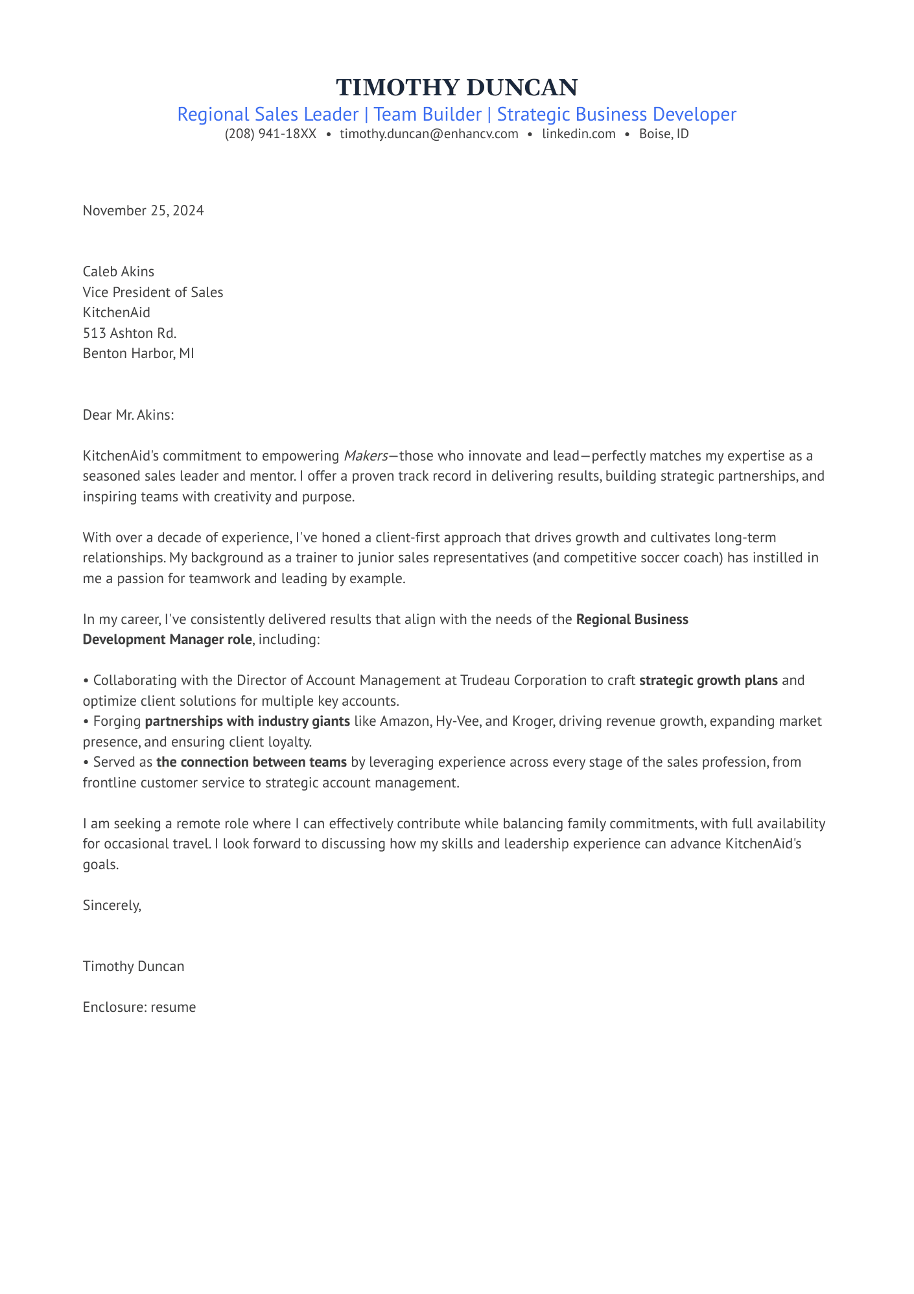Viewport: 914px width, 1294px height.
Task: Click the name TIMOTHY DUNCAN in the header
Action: click(x=457, y=88)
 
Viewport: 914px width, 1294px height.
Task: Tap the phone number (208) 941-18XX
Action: click(x=270, y=134)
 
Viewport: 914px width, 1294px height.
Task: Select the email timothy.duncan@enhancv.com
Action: click(x=429, y=134)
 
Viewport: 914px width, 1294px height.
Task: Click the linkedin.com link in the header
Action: click(x=579, y=134)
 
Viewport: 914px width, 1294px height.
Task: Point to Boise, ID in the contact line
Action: click(x=664, y=134)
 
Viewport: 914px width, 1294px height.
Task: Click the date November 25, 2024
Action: click(x=143, y=211)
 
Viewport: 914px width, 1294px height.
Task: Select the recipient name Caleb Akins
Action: click(x=119, y=271)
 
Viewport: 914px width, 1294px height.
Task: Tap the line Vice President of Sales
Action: click(x=153, y=293)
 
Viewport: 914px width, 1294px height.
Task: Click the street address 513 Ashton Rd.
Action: click(x=130, y=333)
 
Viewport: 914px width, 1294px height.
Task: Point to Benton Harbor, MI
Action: click(x=139, y=354)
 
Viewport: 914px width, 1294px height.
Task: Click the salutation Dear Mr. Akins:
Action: click(x=128, y=415)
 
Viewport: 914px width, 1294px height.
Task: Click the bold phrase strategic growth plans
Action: click(x=709, y=681)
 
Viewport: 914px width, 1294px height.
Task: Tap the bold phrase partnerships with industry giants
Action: click(x=248, y=721)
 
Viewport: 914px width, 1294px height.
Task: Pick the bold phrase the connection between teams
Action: click(x=252, y=762)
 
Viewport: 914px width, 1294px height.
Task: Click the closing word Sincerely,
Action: click(x=112, y=905)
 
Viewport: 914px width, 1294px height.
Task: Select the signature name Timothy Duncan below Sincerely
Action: click(x=134, y=966)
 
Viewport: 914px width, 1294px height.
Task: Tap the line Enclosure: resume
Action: click(x=139, y=1007)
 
